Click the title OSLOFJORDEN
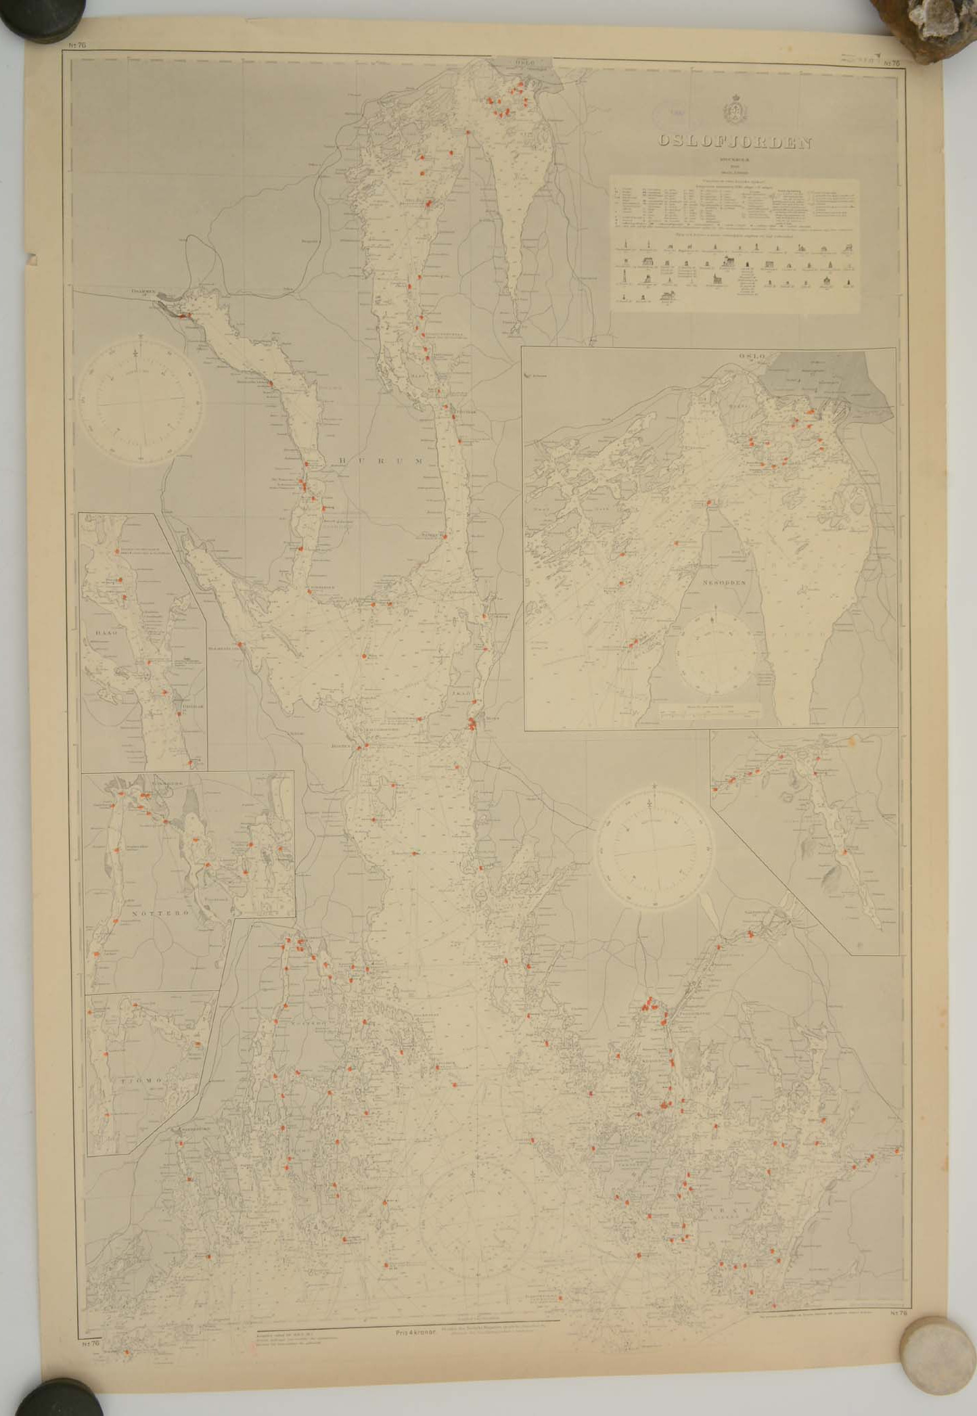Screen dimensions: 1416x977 point(735,143)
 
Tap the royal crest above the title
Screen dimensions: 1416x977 point(733,111)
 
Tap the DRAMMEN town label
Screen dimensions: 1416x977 point(144,292)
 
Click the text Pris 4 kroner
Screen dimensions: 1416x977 point(415,1332)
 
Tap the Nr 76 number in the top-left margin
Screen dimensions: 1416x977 point(77,45)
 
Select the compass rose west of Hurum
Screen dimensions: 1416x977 point(141,401)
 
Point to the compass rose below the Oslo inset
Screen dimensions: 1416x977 point(654,846)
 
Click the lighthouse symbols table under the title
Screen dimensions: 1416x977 point(735,272)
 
